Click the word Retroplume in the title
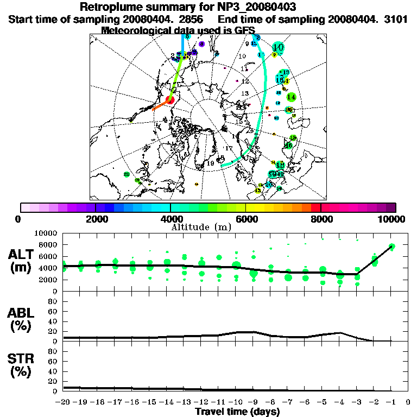[112, 7]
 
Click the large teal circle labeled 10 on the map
[279, 47]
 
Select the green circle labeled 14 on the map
[291, 97]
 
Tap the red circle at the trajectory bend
[170, 100]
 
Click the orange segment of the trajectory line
[161, 105]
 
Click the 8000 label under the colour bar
[321, 219]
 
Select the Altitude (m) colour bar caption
[194, 226]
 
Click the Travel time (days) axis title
[237, 412]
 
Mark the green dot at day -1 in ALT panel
[391, 247]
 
